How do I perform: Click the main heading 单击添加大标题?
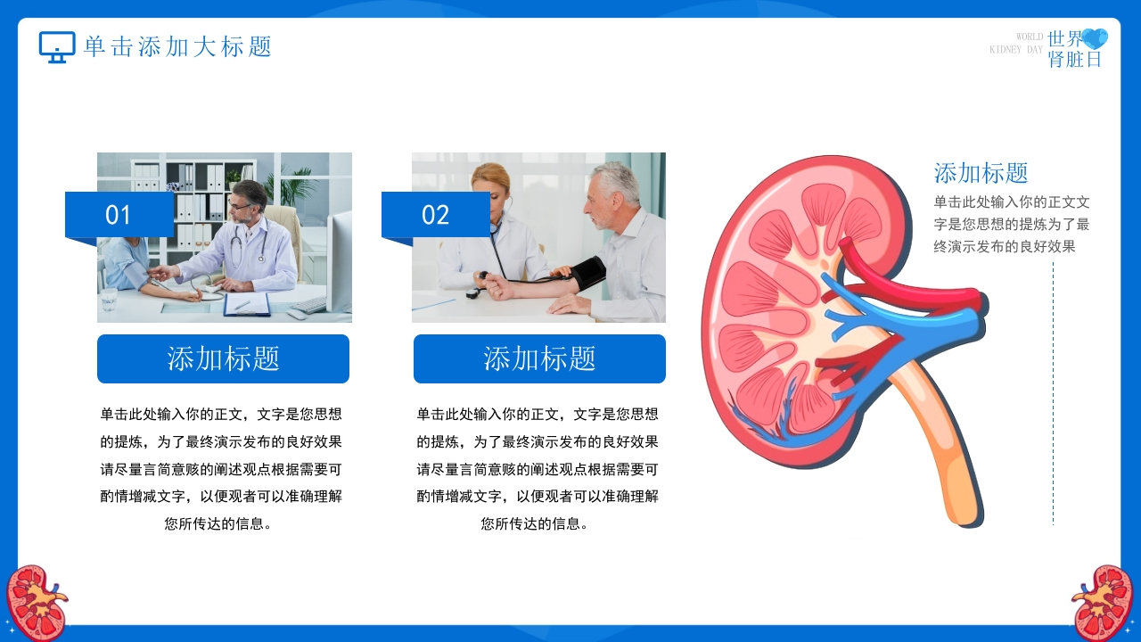(x=177, y=47)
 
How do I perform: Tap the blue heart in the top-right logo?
(x=1094, y=38)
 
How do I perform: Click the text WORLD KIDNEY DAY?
(x=1016, y=44)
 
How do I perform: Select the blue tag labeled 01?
(x=119, y=215)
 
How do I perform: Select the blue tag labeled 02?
(x=436, y=215)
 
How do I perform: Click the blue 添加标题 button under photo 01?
(x=223, y=358)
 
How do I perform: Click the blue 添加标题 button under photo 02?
(x=539, y=358)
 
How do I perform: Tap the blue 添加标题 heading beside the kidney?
(x=981, y=173)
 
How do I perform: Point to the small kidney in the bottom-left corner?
(x=36, y=601)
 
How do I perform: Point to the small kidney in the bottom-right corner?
(x=1103, y=602)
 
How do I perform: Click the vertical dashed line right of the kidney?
(x=1053, y=393)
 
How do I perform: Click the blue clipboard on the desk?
(x=247, y=305)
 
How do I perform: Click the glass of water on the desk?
(x=109, y=300)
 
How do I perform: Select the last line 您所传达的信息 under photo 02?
(x=534, y=523)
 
